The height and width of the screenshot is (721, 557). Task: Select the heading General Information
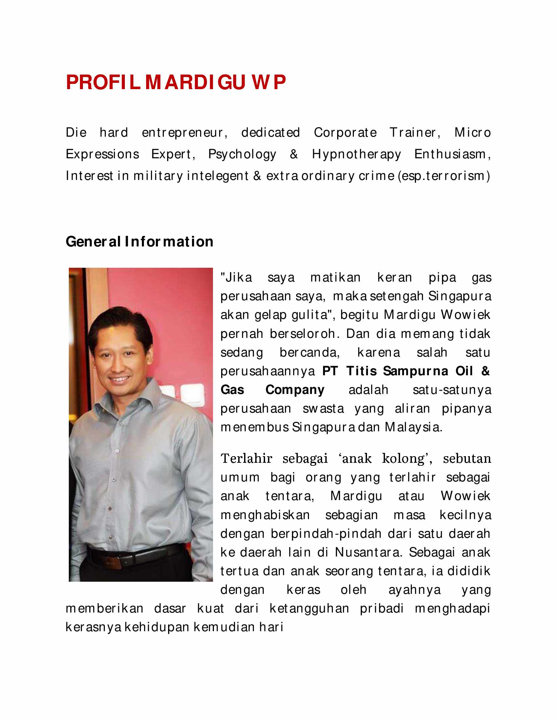(139, 242)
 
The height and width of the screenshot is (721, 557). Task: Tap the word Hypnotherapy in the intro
(356, 154)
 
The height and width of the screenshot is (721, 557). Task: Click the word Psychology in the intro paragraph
(242, 154)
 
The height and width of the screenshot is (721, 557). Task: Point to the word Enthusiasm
(452, 154)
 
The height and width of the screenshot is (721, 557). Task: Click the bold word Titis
(361, 371)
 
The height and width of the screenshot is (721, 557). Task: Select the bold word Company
(295, 390)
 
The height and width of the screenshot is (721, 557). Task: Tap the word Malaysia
(413, 427)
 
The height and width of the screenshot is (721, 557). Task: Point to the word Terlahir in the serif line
(246, 458)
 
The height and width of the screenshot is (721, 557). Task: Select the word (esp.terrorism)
(444, 176)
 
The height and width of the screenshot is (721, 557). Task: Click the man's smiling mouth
(119, 379)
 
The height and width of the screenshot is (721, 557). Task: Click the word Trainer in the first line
(414, 133)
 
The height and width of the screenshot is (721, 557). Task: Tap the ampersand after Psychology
(294, 154)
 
